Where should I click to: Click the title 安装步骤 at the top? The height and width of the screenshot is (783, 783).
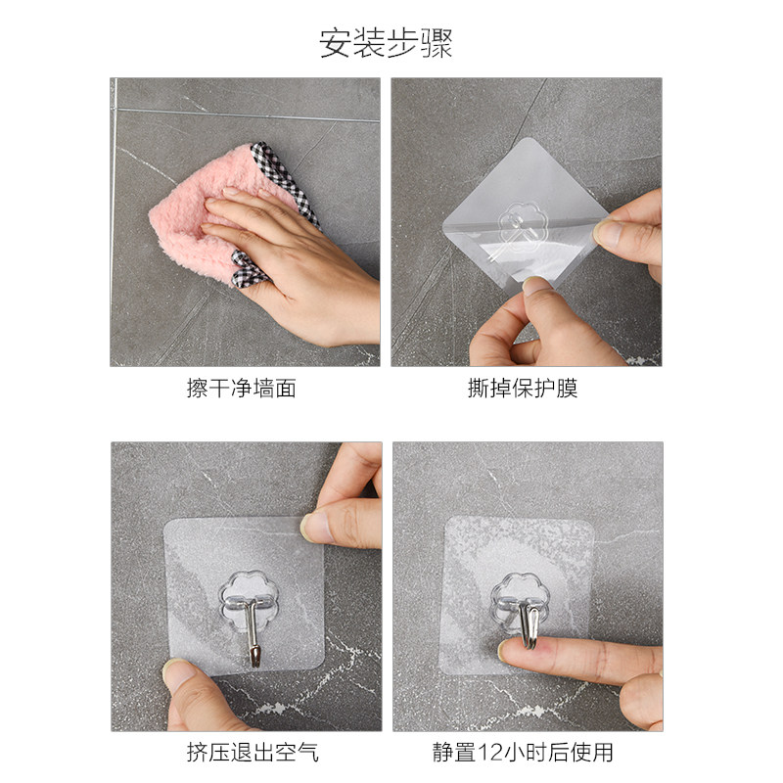[x=386, y=43]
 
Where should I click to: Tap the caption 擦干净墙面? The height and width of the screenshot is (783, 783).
[x=242, y=388]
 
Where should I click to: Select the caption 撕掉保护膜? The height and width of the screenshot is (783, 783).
[x=523, y=388]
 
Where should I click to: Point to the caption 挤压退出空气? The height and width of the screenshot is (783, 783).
[x=253, y=752]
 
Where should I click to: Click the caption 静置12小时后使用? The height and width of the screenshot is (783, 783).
[x=523, y=752]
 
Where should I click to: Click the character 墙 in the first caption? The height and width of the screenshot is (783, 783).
[x=263, y=388]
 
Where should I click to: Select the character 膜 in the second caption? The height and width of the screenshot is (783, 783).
[x=568, y=388]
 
